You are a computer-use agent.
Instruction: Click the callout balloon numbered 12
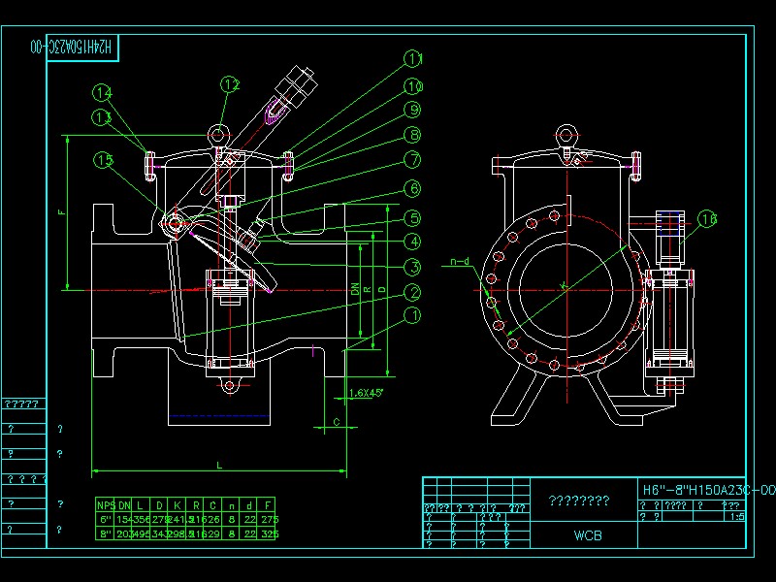[230, 85]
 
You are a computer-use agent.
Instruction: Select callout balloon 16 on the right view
[708, 219]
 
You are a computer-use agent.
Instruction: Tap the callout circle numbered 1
[413, 315]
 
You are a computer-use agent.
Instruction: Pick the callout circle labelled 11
[414, 59]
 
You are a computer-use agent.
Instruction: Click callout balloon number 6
[413, 188]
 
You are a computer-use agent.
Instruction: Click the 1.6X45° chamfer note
[366, 393]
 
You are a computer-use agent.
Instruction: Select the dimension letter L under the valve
[219, 466]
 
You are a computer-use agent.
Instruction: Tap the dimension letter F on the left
[61, 212]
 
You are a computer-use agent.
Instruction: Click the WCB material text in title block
[587, 533]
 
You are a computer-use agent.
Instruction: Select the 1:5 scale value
[736, 517]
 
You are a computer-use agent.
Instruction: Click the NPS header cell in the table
[106, 504]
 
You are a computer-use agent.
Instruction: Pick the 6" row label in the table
[106, 519]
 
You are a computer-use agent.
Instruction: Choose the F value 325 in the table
[270, 533]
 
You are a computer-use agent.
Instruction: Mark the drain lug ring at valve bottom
[230, 387]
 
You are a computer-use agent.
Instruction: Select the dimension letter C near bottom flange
[336, 422]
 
